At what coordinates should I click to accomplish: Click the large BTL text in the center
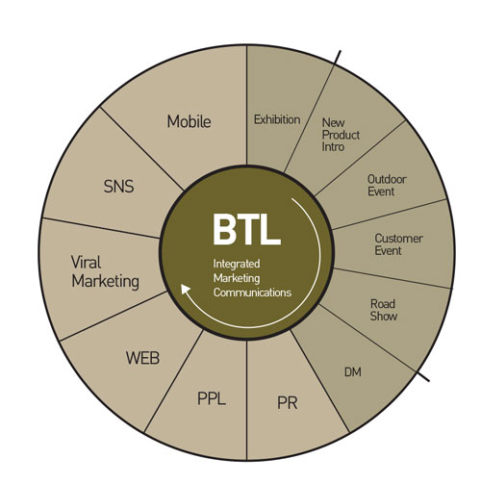click(x=246, y=229)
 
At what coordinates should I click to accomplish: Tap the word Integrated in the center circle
click(x=237, y=264)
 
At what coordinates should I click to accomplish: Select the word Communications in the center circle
click(x=252, y=293)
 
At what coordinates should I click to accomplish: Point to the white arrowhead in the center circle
click(x=186, y=289)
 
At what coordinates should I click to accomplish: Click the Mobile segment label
click(x=189, y=121)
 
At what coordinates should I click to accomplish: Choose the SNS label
click(x=118, y=187)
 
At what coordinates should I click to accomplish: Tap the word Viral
click(x=86, y=263)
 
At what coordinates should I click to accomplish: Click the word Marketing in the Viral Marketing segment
click(x=105, y=282)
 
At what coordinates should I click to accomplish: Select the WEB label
click(x=142, y=358)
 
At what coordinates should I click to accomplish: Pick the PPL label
click(x=212, y=398)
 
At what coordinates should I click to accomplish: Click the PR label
click(x=288, y=403)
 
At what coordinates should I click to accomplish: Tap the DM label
click(x=353, y=372)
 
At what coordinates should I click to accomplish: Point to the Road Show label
click(x=384, y=310)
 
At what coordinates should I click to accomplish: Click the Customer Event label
click(x=398, y=244)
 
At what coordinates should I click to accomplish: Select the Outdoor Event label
click(x=387, y=186)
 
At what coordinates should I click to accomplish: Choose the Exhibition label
click(x=277, y=119)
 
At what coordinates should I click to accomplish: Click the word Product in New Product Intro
click(x=341, y=135)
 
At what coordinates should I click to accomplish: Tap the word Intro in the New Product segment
click(x=333, y=147)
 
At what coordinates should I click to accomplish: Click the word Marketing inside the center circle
click(x=237, y=278)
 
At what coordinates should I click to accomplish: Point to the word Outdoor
click(x=387, y=179)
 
